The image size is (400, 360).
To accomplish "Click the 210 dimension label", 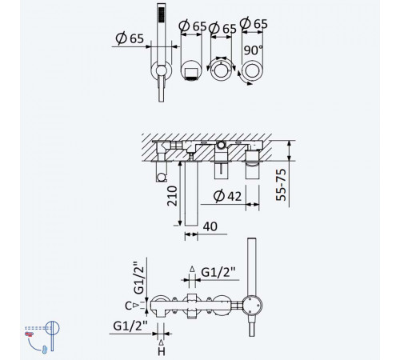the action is click(172, 196).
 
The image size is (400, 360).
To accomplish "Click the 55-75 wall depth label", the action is click(281, 185).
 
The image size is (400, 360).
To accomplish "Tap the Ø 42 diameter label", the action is click(227, 196).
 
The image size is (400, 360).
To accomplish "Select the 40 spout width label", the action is click(210, 226).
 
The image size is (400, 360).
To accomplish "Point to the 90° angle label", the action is click(253, 50).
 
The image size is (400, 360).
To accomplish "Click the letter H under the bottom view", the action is click(162, 352).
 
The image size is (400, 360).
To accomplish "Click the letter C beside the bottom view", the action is click(128, 306).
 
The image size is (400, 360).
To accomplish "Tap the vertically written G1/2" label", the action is click(139, 278).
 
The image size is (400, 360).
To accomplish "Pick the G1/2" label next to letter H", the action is click(130, 326).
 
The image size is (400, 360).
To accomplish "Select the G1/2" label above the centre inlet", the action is click(218, 272).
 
